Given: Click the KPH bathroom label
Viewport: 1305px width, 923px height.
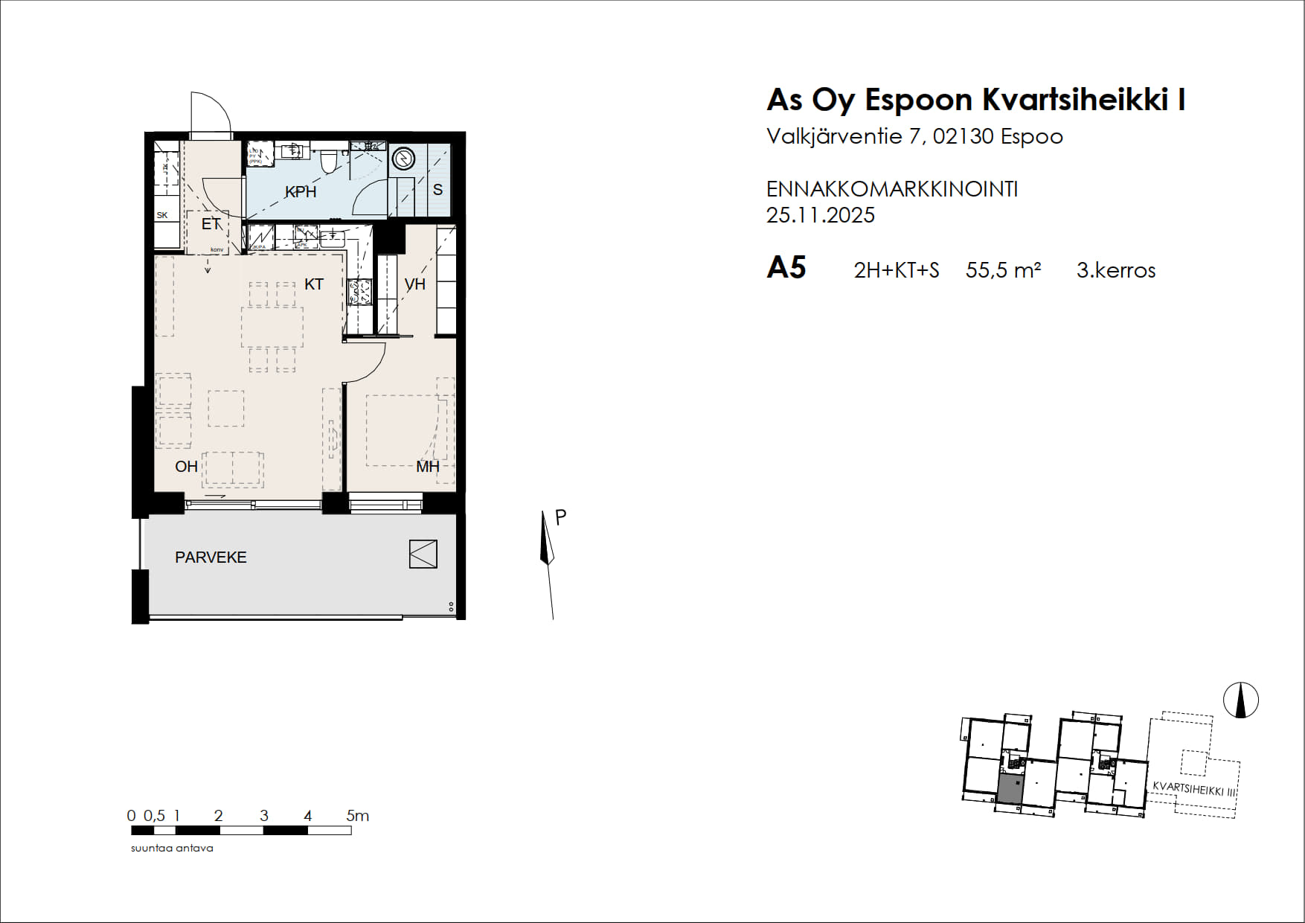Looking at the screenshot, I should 301,192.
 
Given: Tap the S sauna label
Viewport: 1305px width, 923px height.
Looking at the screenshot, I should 437,190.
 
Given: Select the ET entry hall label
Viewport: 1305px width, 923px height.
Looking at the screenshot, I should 211,224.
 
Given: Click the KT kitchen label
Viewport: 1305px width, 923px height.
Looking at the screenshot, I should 314,284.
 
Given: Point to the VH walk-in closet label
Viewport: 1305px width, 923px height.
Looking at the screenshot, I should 415,284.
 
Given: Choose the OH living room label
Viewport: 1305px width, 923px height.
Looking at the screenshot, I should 186,467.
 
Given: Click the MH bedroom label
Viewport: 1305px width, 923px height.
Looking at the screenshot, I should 427,467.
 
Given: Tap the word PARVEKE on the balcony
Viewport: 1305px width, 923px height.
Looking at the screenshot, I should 211,558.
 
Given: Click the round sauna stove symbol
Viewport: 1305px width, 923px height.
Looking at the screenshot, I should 403,159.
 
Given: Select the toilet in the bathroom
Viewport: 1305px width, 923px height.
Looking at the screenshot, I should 328,161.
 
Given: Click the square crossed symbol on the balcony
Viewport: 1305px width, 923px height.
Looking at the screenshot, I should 423,554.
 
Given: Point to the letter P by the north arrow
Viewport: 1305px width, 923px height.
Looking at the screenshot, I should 561,517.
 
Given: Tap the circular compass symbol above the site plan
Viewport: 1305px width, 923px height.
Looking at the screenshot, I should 1240,700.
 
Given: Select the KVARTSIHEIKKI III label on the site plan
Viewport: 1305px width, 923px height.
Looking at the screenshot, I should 1193,789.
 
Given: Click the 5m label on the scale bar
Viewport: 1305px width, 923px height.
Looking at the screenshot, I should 357,816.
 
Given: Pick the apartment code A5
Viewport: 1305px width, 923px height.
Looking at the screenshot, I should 786,268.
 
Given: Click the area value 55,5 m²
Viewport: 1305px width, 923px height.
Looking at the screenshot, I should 1003,270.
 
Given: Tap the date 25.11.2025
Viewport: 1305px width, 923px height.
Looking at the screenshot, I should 820,215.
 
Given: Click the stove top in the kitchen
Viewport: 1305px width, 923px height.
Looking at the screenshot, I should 360,291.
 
